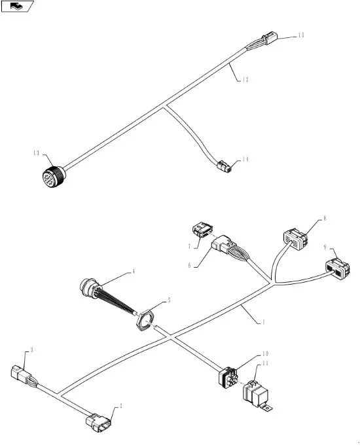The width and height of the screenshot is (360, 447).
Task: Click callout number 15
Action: [x=301, y=35]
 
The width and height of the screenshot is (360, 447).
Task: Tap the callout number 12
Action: [x=245, y=80]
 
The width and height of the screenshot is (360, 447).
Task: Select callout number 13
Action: [x=36, y=153]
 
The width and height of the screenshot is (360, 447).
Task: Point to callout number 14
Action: [x=245, y=159]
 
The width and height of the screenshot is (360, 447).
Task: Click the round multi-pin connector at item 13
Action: [x=54, y=177]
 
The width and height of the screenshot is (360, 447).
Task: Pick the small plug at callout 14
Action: [x=225, y=166]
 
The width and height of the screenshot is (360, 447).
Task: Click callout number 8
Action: [x=325, y=219]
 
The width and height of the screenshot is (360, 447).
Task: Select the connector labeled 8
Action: [x=296, y=239]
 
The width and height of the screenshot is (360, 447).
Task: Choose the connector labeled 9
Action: [x=338, y=268]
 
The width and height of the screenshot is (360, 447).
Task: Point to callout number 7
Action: [x=189, y=246]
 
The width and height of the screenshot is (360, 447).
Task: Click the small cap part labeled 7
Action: [x=202, y=230]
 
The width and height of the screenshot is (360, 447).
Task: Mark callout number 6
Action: [x=189, y=266]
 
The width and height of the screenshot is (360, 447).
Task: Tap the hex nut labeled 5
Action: [x=145, y=321]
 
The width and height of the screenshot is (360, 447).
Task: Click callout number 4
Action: [x=133, y=272]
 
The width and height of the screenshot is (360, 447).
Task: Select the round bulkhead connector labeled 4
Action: [x=89, y=287]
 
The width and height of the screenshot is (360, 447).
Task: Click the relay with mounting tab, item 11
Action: [x=256, y=395]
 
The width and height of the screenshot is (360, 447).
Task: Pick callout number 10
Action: [x=265, y=354]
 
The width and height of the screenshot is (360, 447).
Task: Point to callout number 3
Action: [x=31, y=349]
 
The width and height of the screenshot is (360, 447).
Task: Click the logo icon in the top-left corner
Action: [x=17, y=7]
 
